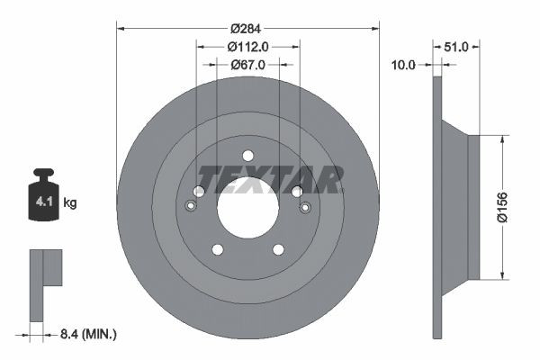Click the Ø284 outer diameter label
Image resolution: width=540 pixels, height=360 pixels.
[246, 29]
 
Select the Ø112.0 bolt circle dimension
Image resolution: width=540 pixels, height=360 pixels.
[247, 47]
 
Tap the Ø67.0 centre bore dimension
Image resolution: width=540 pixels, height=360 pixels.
[248, 65]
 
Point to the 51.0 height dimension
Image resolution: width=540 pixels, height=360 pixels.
[456, 47]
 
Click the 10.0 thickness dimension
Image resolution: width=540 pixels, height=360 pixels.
[403, 65]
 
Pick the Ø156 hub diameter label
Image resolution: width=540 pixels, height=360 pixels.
[502, 207]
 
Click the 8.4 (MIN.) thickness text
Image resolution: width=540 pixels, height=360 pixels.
[88, 334]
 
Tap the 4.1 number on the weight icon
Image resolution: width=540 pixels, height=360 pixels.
[44, 202]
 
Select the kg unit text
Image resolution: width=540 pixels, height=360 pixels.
[70, 202]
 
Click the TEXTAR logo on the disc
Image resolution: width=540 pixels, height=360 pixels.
[270, 179]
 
